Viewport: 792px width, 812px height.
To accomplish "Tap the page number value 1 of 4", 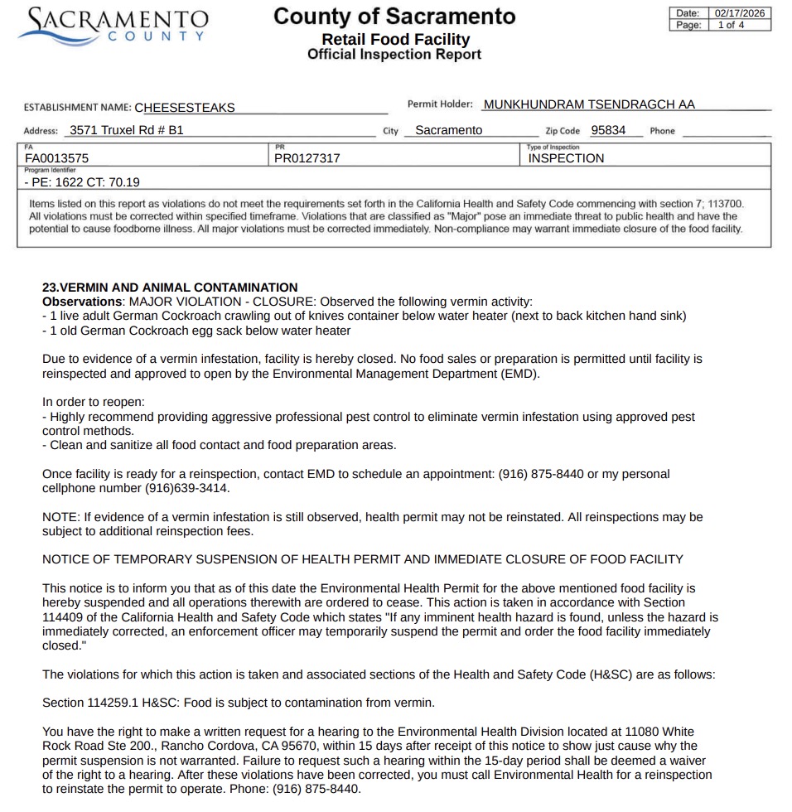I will pos(731,25).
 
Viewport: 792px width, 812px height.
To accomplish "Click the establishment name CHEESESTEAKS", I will pos(185,108).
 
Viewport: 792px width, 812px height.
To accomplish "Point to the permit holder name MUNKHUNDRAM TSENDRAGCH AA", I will pos(589,104).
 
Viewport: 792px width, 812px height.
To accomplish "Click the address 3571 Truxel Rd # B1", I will pos(127,130).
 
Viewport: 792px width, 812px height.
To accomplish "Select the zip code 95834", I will pos(608,130).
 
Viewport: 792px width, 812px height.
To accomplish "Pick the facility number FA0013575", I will pos(57,158).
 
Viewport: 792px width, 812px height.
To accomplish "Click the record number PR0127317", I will pos(307,158).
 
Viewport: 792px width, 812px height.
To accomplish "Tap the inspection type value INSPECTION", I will pos(567,158).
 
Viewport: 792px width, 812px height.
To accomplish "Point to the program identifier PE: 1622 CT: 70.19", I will pos(82,182).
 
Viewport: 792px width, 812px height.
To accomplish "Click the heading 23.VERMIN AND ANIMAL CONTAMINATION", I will pos(170,288).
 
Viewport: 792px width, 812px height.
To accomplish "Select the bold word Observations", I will pos(82,301).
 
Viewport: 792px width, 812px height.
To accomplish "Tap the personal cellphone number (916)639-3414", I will pos(187,488).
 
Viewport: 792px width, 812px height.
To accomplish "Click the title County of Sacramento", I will pos(394,16).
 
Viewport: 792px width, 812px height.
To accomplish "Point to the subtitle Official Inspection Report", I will pos(394,55).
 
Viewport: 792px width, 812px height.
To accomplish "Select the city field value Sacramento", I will pos(448,130).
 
